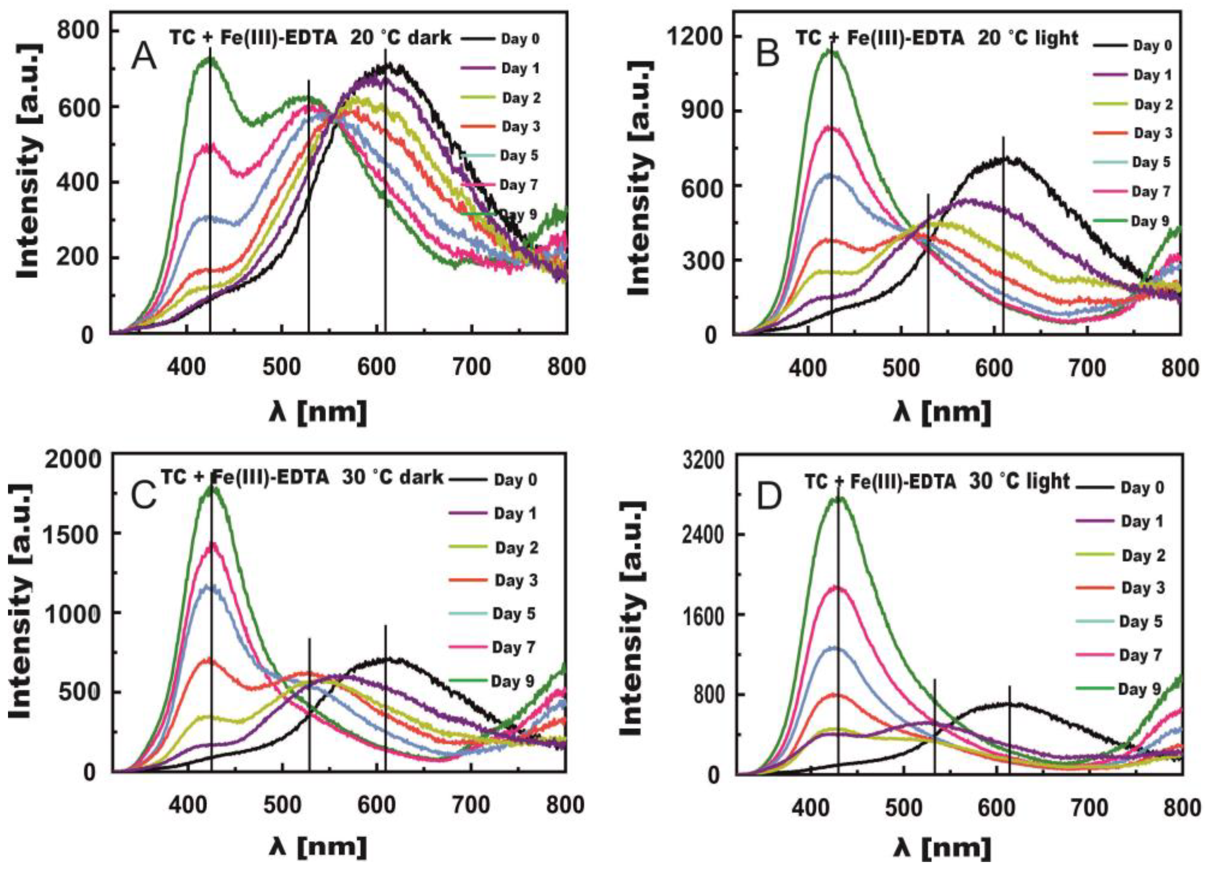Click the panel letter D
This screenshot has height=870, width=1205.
pyautogui.click(x=769, y=497)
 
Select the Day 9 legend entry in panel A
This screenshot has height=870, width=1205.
pyautogui.click(x=518, y=215)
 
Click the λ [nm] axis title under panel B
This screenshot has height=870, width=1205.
pyautogui.click(x=941, y=412)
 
